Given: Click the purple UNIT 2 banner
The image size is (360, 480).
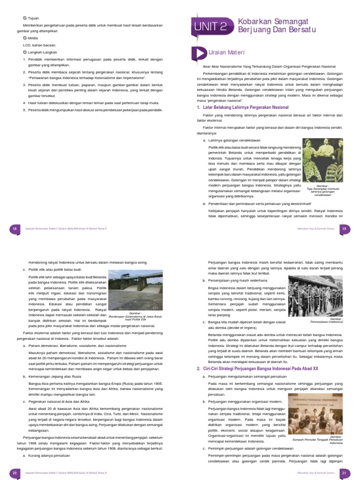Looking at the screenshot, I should coord(211,27).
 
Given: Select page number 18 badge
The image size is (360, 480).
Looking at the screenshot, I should coord(15,228).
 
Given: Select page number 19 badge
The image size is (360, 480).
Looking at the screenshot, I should coord(344,228).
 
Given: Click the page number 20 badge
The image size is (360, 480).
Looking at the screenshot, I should coord(15,473).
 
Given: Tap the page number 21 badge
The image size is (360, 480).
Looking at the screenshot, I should coord(344,473).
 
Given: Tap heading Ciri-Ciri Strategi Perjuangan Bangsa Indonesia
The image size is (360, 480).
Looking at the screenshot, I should coord(257,369).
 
